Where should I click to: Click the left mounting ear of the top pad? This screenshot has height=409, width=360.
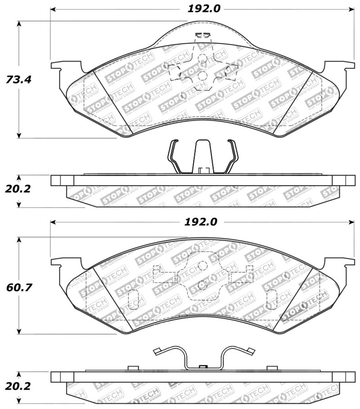point(63,68)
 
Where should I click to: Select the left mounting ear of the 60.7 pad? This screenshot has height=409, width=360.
point(63,264)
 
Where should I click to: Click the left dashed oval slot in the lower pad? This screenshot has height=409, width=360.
point(133,300)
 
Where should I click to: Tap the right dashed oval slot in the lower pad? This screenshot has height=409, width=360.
point(272,300)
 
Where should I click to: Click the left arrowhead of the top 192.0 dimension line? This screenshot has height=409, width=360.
point(53,9)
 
